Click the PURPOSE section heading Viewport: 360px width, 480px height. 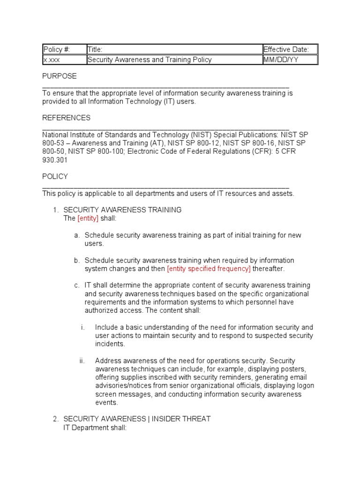(x=60, y=76)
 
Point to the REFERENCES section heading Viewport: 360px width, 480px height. (x=66, y=118)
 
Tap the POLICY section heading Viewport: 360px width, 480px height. (x=55, y=177)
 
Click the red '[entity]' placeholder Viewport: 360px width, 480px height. (x=88, y=218)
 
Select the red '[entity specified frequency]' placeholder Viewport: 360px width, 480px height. (x=209, y=269)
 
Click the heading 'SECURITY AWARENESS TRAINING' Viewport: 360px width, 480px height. (x=122, y=210)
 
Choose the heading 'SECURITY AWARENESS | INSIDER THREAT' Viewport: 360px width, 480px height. (x=137, y=419)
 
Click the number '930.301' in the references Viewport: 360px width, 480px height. (x=55, y=160)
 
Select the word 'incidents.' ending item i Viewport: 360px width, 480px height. (x=110, y=344)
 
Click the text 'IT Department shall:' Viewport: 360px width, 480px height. (x=95, y=427)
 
